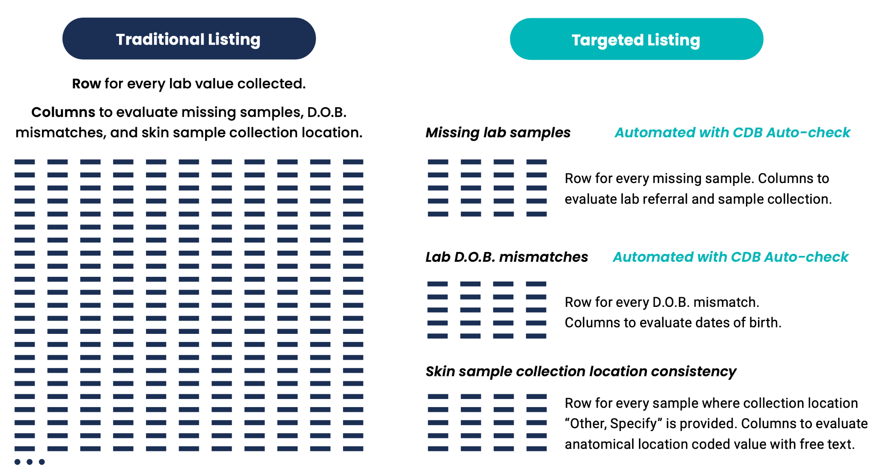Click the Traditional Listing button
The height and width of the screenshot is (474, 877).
point(189,39)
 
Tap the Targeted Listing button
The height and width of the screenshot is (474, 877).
point(636,39)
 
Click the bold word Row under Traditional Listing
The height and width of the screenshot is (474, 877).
point(86,84)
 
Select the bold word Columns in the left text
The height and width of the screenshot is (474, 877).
point(63,112)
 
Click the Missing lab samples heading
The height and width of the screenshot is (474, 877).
point(498,133)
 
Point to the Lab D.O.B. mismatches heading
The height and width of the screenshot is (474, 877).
point(507,257)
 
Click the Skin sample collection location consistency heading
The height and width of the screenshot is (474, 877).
point(581,371)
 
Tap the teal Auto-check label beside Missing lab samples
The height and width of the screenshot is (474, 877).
point(733,133)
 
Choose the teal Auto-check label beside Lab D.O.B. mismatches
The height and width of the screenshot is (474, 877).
point(731,257)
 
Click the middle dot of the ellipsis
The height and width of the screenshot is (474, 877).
point(30,462)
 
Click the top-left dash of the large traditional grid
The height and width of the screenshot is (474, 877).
point(24,162)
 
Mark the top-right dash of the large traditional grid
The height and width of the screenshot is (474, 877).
point(353,162)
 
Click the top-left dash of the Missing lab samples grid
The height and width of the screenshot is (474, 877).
point(438,162)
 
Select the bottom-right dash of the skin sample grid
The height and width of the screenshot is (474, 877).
point(537,449)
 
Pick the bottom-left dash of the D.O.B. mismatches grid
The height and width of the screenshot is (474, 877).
point(438,336)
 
